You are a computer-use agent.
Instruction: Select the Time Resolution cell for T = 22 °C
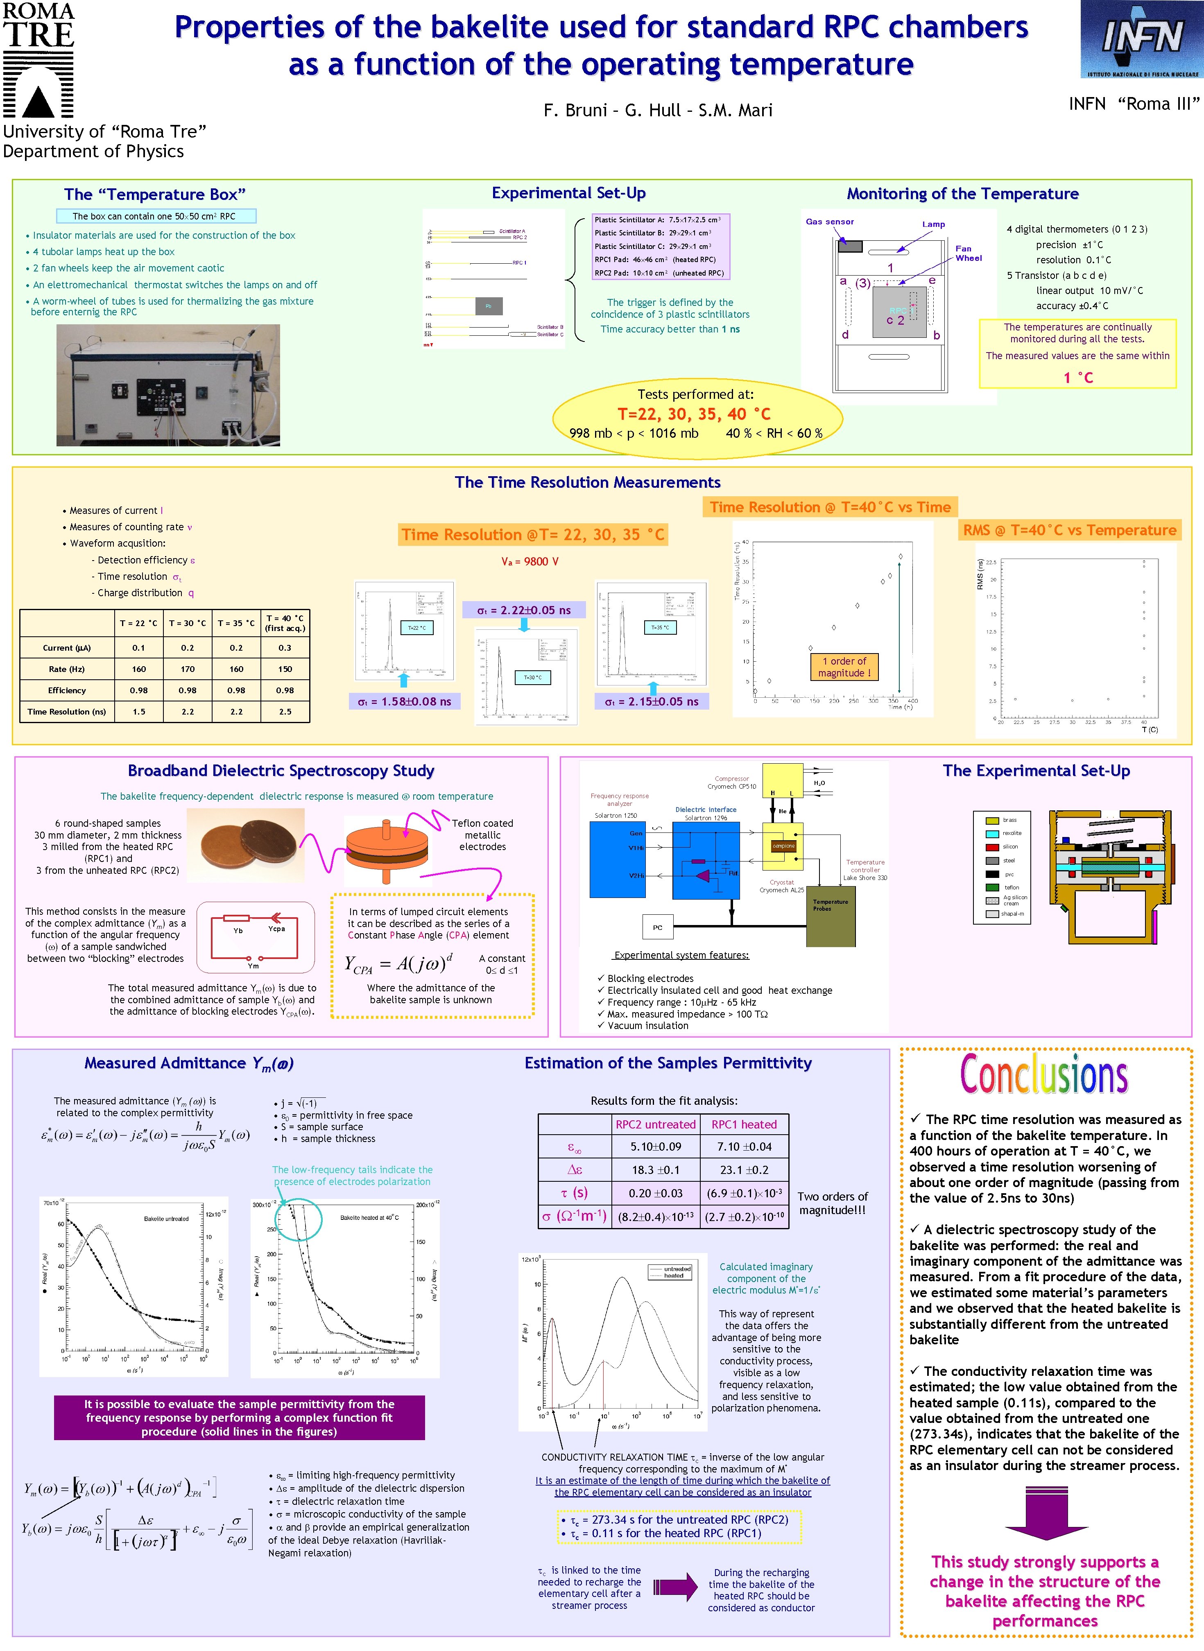(x=138, y=711)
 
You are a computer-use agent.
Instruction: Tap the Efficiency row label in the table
(x=67, y=690)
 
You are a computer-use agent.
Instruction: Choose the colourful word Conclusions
(x=1044, y=1074)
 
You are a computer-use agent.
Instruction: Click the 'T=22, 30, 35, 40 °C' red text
(x=694, y=414)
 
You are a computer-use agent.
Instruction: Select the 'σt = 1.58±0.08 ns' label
(x=405, y=702)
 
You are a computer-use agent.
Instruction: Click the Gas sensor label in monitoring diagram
(x=829, y=222)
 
